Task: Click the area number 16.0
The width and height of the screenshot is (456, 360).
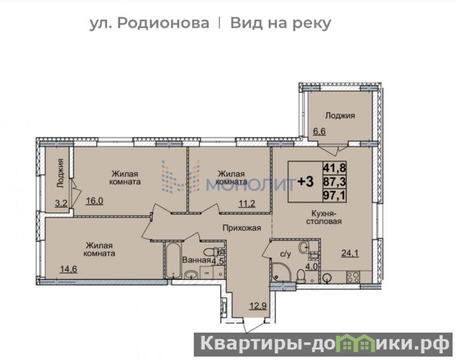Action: pos(95,201)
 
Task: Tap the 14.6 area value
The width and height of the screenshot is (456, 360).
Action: pos(68,269)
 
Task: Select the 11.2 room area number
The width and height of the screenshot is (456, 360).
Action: pos(247,204)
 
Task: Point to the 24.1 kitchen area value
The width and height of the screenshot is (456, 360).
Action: pos(350,253)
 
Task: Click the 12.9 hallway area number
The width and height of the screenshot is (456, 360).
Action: pos(258,306)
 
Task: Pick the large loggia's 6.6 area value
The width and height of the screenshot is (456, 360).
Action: pos(319,131)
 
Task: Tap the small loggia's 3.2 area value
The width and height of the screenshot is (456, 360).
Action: pos(61,203)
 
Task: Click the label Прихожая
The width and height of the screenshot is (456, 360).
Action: pos(242,228)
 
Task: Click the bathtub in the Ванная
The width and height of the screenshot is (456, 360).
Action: pos(173,261)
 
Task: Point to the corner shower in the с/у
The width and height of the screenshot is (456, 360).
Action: pos(281,272)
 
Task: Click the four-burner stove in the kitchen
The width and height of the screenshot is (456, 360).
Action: pos(353,277)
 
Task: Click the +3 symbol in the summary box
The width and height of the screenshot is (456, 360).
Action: pos(306,181)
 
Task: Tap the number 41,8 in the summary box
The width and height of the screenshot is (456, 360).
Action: pos(335,167)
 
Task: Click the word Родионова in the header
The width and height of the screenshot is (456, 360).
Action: pos(163,23)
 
